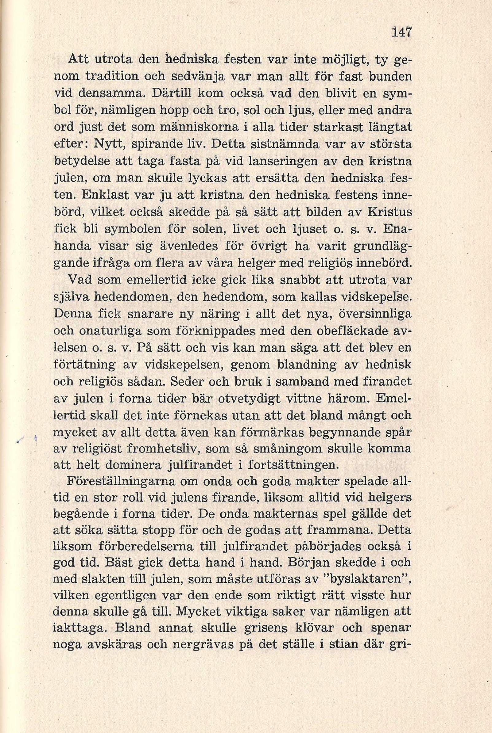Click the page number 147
coord(402,32)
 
